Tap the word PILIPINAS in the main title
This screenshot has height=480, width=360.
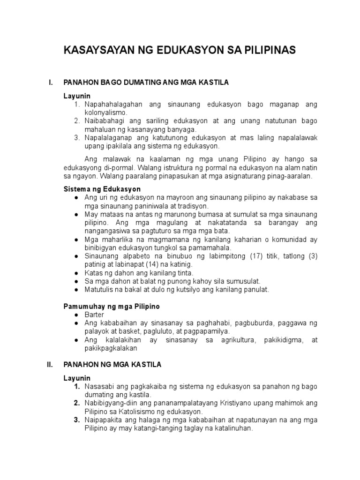[267, 51]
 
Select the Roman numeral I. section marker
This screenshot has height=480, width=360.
[51, 82]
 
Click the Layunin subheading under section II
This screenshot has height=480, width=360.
[77, 378]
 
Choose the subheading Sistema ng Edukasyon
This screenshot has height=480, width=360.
[102, 189]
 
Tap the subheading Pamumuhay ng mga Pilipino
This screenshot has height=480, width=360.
[112, 306]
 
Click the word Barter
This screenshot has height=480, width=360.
[95, 315]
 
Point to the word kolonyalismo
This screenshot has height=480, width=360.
[106, 113]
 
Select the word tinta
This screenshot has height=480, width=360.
[184, 273]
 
